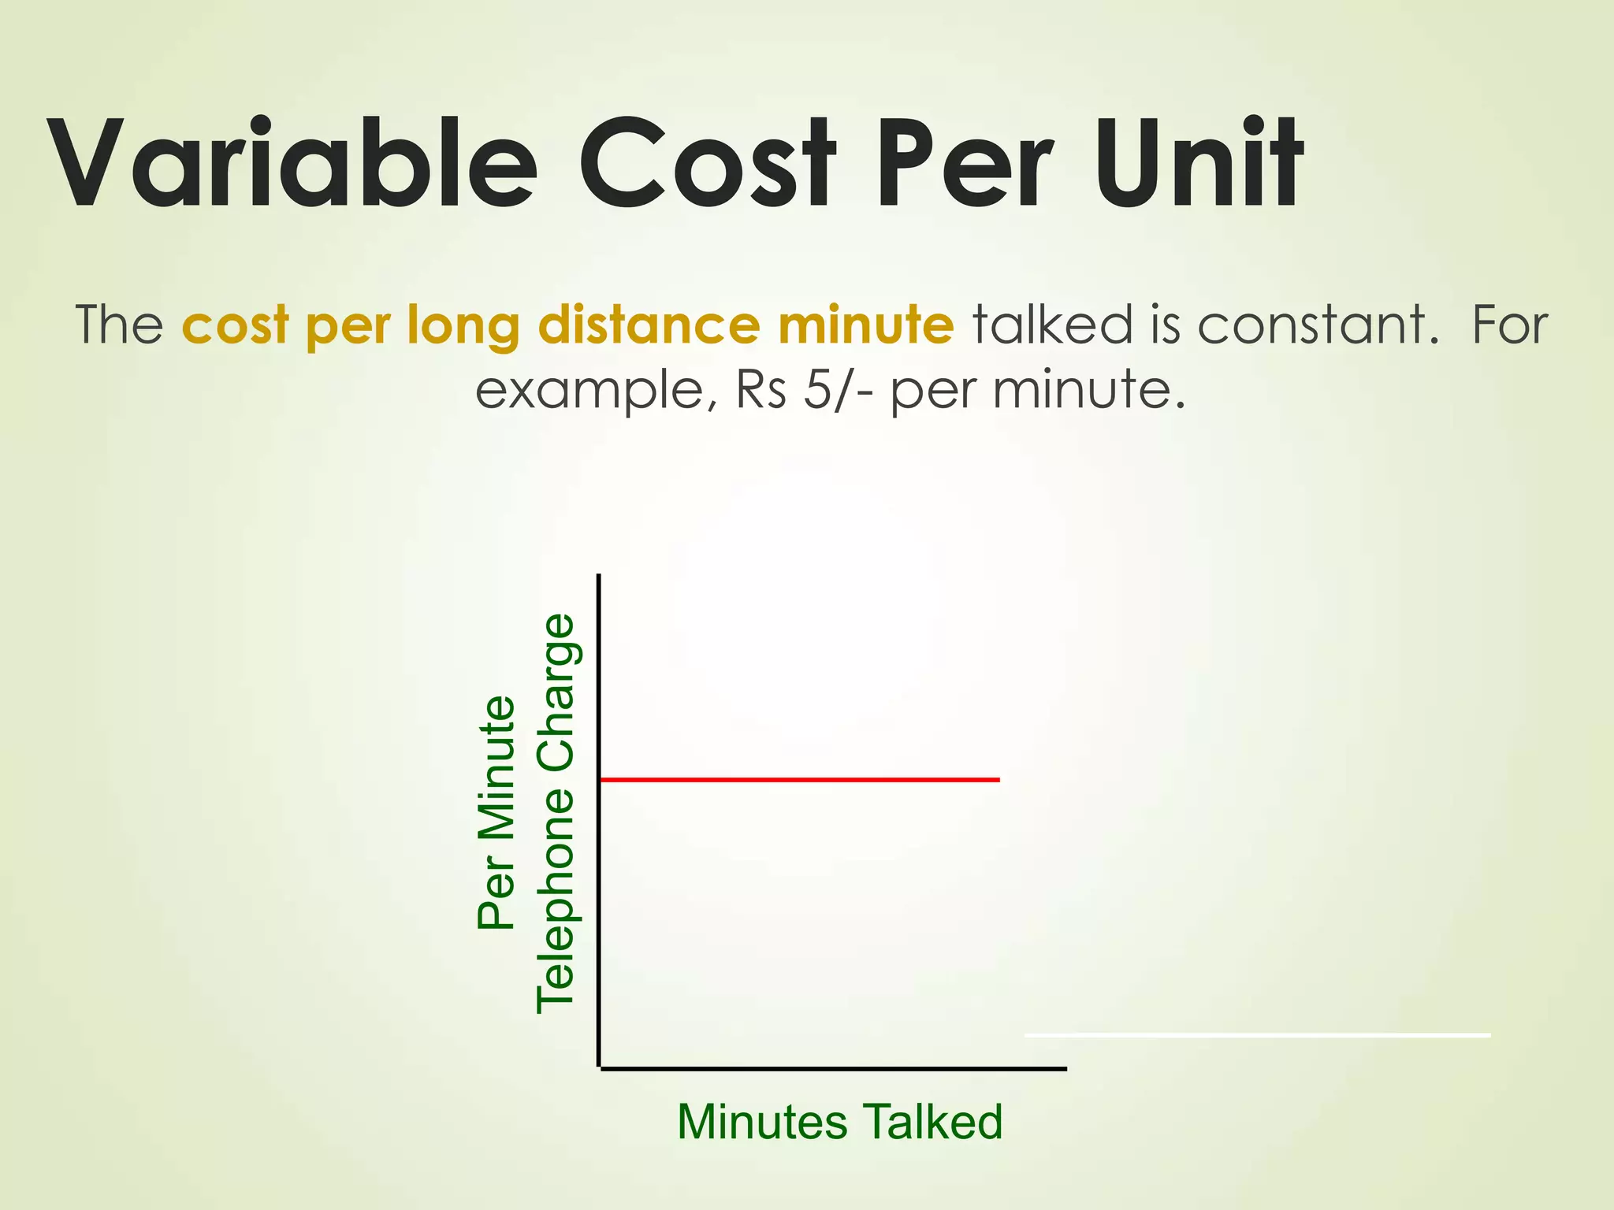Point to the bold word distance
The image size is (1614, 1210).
(649, 325)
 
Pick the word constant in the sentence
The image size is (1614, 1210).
(1313, 325)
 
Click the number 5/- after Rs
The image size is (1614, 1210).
(838, 389)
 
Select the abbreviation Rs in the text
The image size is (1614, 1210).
(761, 389)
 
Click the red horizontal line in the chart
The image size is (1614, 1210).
(800, 780)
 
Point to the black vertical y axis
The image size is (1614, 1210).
(600, 819)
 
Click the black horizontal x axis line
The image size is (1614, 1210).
(833, 1069)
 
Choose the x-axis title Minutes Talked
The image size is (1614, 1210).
(839, 1122)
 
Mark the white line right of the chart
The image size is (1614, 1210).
(1257, 1035)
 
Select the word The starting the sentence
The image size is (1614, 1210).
(119, 325)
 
